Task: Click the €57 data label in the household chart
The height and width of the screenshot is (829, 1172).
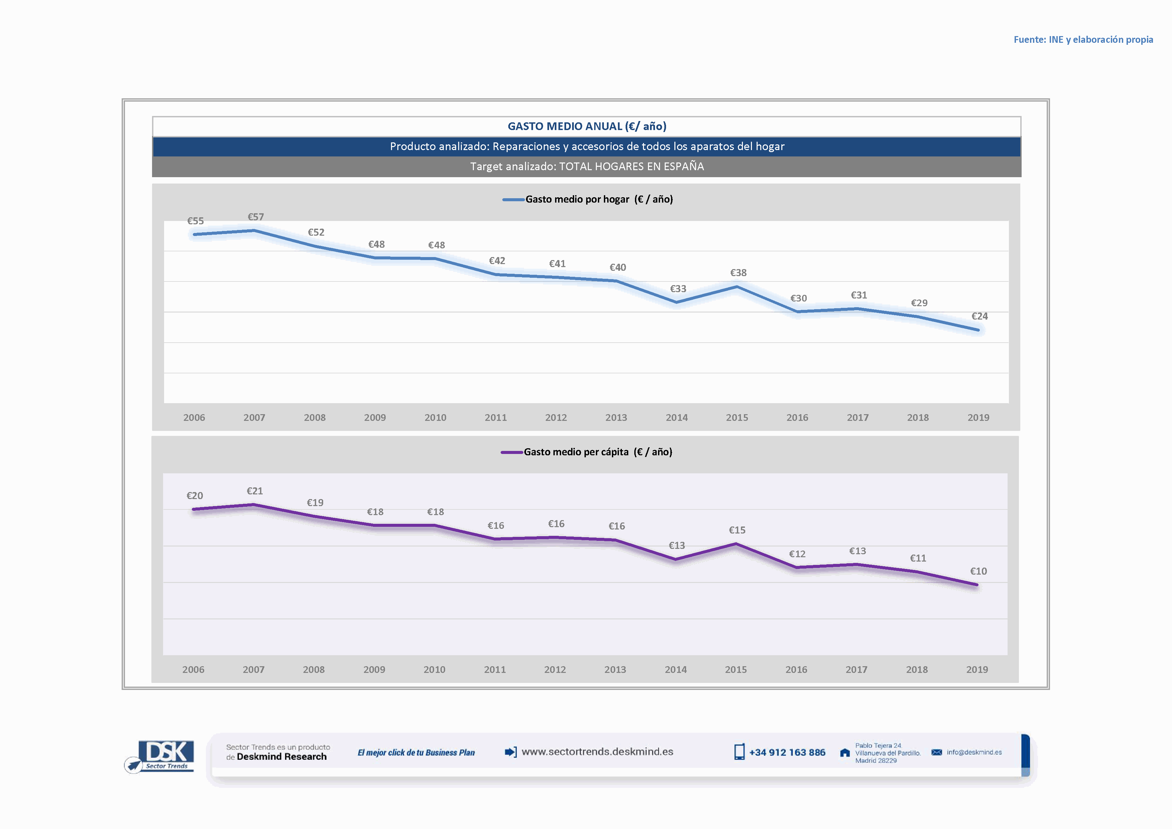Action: [256, 217]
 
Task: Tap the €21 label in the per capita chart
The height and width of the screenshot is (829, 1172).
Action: [255, 491]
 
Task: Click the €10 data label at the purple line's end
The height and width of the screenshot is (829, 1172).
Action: [979, 571]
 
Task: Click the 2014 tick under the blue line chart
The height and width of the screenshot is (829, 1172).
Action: [677, 418]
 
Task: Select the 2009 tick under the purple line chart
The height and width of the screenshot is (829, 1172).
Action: [374, 670]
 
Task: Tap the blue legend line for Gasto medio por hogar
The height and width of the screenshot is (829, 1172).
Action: [513, 200]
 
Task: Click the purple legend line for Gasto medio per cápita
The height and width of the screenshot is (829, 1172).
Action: [511, 452]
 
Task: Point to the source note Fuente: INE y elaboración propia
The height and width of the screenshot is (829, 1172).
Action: [1083, 40]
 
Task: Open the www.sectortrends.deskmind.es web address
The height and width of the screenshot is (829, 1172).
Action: [597, 752]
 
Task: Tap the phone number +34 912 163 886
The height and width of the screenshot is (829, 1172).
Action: [787, 752]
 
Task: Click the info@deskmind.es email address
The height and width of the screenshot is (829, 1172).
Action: [974, 752]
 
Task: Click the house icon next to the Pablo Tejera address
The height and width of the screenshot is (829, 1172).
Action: [845, 753]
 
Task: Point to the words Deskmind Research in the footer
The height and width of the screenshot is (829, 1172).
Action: [281, 757]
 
